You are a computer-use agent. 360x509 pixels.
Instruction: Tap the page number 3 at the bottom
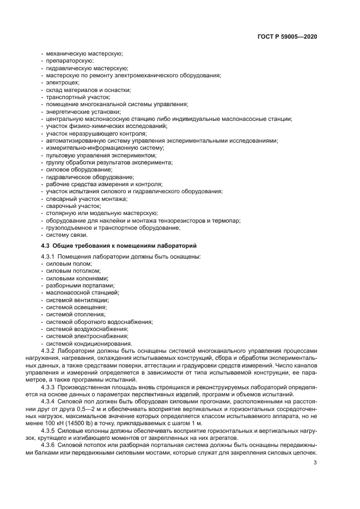pyautogui.click(x=315, y=463)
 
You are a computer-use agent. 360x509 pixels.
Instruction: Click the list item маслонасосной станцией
pyautogui.click(x=82, y=292)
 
